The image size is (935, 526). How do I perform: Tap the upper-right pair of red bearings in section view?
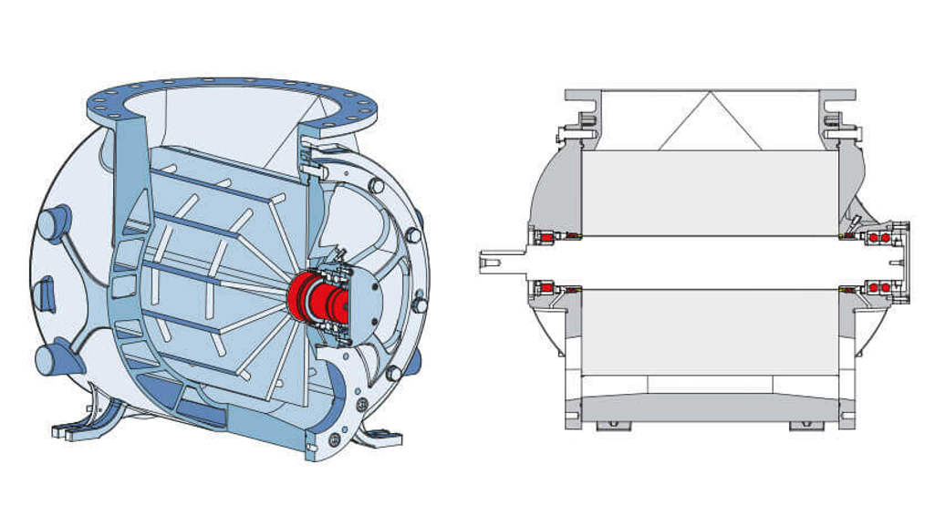coord(878,237)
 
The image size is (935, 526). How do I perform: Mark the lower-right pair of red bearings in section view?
coord(878,287)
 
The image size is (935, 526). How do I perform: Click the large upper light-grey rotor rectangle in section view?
coord(710,192)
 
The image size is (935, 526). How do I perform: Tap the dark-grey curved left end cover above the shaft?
coord(553,188)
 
